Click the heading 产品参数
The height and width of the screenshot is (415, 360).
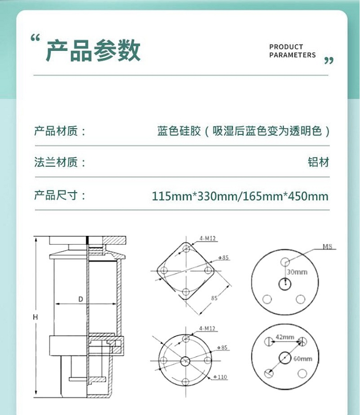(93, 50)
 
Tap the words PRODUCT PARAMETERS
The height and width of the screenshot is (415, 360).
(292, 51)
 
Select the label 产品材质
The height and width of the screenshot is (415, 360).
(60, 131)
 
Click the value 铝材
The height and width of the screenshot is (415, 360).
(318, 162)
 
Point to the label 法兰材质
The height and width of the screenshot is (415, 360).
(60, 162)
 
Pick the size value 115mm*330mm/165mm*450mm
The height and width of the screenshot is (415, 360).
(240, 196)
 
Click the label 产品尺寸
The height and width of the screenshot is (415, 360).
(60, 195)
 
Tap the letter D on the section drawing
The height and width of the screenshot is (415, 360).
(81, 299)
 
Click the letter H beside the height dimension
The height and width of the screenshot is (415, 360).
(36, 317)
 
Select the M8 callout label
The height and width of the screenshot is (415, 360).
(327, 246)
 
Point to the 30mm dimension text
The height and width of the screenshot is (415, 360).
(297, 272)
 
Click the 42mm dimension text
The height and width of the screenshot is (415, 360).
(285, 337)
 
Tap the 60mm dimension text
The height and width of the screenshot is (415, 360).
(303, 359)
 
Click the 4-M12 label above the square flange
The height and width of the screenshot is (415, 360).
(207, 238)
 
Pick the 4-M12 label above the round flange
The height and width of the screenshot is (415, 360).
(207, 328)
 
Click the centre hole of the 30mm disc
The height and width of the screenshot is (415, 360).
(285, 284)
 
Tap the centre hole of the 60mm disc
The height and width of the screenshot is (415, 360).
(285, 358)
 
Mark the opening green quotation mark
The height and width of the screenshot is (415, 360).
(35, 38)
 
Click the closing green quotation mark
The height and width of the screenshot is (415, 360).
(329, 61)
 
